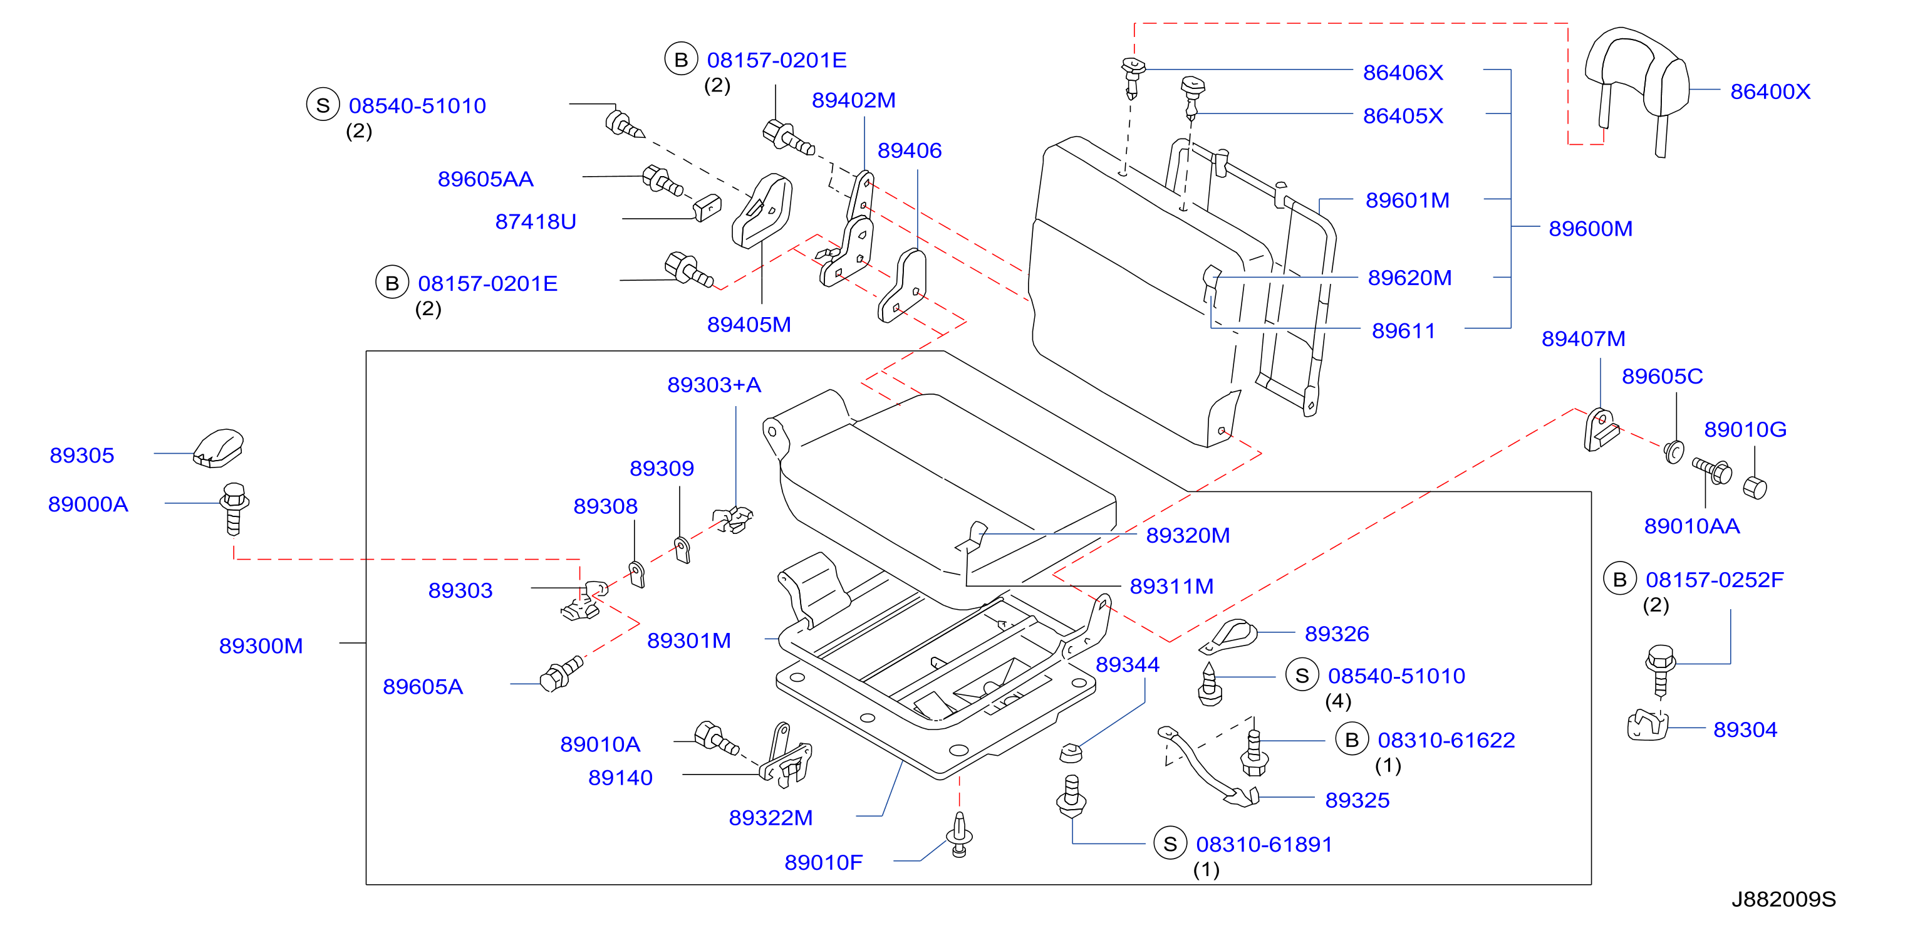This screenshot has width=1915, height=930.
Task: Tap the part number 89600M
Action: pos(1590,228)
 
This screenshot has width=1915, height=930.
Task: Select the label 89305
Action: pos(82,455)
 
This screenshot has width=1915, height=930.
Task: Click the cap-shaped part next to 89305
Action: pos(219,448)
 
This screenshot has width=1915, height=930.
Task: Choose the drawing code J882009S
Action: pos(1783,899)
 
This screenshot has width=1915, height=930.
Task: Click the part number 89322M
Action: pos(771,818)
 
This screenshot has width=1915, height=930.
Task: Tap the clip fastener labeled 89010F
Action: pos(959,835)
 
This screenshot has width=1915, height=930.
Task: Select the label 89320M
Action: pos(1188,535)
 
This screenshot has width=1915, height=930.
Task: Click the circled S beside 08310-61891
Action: pos(1170,844)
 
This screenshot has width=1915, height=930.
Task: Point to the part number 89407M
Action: pos(1584,338)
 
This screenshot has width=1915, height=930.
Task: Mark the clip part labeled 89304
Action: pos(1647,726)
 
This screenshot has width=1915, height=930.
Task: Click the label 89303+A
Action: pos(714,384)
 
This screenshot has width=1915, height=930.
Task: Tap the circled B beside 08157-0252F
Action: pos(1620,579)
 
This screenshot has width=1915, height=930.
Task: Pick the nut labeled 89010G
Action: pos(1755,488)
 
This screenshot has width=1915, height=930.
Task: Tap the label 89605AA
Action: pos(485,179)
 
